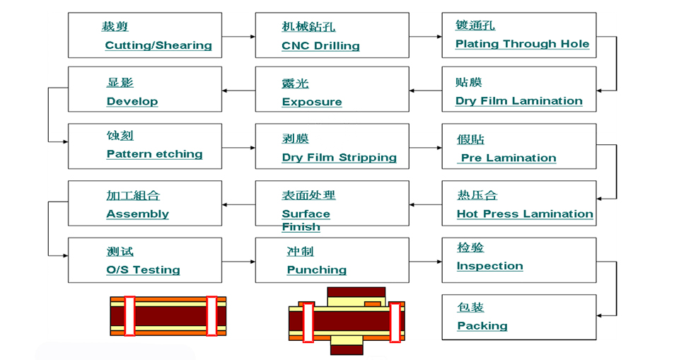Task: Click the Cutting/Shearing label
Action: [158, 45]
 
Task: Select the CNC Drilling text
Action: [320, 46]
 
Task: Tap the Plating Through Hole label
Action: [522, 44]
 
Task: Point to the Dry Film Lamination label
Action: [518, 101]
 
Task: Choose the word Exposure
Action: [312, 102]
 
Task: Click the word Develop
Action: [132, 101]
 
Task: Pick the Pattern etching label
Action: [155, 154]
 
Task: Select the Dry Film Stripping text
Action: [339, 158]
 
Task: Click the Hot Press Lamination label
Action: [525, 214]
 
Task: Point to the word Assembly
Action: [138, 214]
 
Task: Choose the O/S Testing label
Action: [143, 270]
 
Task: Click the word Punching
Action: [317, 270]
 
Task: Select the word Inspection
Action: [489, 266]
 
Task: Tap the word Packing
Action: [482, 326]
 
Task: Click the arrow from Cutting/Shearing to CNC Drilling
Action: [238, 36]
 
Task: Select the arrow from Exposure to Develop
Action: [238, 91]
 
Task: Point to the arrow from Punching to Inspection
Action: [425, 262]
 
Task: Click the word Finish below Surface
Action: [301, 227]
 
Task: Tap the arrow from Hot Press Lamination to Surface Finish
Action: [425, 204]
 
